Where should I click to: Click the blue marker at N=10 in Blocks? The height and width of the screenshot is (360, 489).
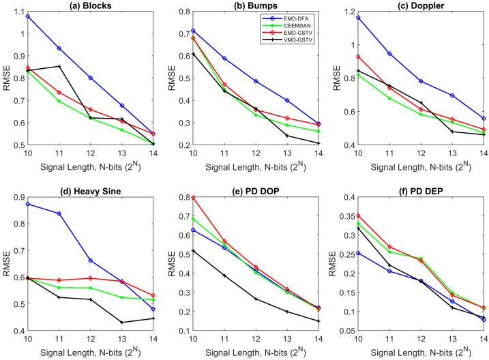pos(28,16)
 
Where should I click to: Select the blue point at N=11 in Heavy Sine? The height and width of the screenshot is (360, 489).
pos(59,213)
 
